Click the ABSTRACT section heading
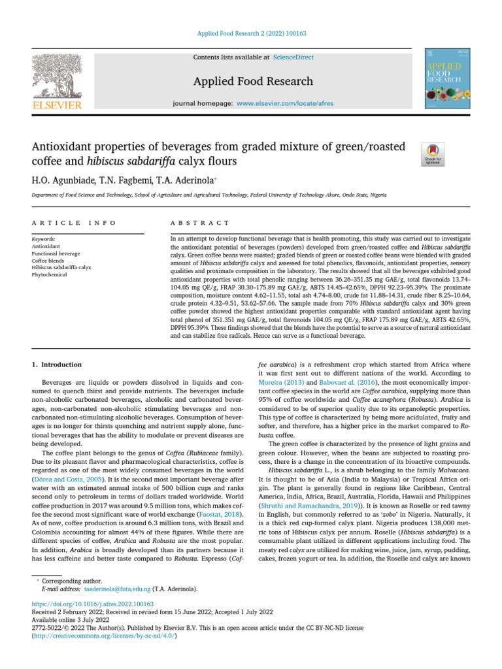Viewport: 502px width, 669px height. coord(199,223)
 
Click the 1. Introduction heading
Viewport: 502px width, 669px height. coord(57,364)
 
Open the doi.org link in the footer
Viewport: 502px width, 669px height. coord(93,604)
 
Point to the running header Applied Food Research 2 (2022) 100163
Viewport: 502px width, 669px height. coord(251,33)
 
